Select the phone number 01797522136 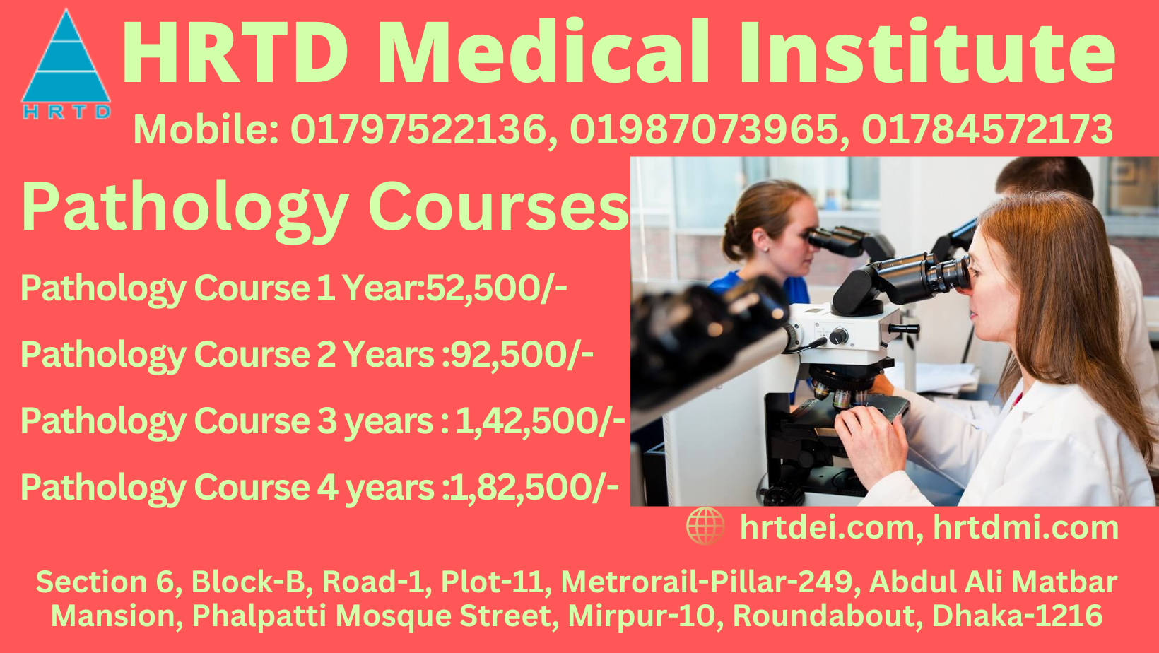pos(418,130)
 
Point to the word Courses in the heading pos(498,207)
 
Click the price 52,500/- pos(495,288)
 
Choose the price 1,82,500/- pos(534,488)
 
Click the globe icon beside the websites pos(705,526)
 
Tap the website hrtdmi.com pos(1025,528)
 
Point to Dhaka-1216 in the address pos(1017,616)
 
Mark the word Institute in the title pos(926,53)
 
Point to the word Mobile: pos(206,130)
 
